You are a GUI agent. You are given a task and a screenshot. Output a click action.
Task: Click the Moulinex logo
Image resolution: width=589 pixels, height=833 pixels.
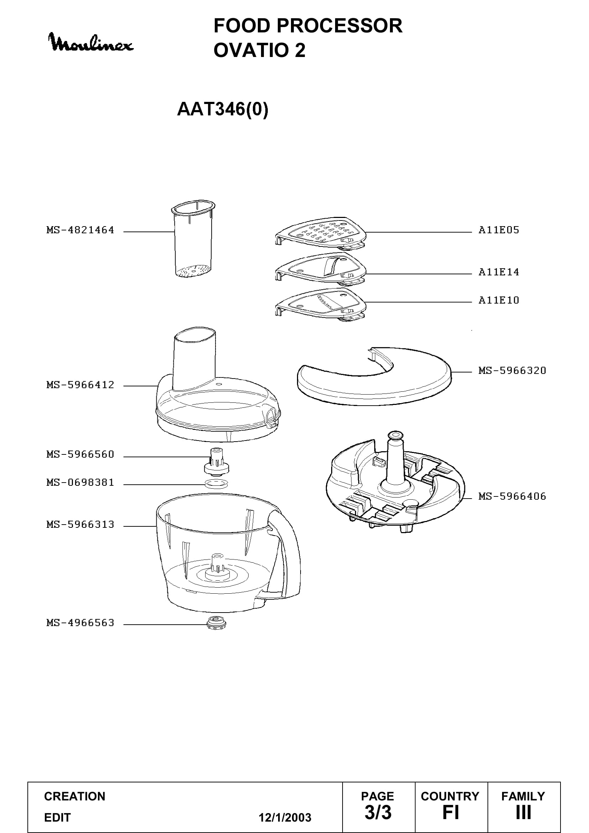point(91,42)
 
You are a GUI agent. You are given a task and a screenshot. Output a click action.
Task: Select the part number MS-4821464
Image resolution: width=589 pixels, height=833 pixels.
point(80,230)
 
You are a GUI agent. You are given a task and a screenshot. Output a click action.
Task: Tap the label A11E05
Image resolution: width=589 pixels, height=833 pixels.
point(499,230)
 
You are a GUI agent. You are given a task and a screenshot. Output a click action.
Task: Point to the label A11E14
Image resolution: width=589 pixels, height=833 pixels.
point(499,272)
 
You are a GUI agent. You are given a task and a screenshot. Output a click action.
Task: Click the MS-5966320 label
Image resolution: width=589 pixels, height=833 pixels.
point(512,371)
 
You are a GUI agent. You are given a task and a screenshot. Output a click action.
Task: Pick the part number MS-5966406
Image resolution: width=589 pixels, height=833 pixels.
point(512,496)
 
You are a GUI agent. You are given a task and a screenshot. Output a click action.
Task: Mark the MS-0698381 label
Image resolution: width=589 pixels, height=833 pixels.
point(80,483)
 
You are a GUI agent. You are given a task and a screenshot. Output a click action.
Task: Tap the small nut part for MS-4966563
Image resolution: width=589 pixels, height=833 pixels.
point(217,624)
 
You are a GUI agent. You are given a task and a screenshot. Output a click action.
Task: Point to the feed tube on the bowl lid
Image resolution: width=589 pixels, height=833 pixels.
point(195,359)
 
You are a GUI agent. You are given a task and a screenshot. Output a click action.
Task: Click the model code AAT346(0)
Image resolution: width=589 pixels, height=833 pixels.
point(223,109)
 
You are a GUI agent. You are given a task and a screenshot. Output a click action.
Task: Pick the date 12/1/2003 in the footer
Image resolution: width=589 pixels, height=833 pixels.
point(285,817)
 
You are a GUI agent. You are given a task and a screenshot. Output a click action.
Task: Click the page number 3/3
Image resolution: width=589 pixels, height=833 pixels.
point(378,812)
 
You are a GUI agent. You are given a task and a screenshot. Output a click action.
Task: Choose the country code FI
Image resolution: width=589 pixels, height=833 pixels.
point(451,812)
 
